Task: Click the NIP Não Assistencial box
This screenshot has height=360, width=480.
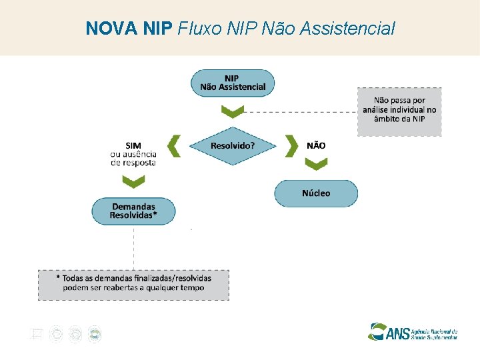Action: (233, 83)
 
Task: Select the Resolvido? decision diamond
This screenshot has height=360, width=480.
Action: (233, 145)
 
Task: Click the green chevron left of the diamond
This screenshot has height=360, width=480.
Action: (174, 145)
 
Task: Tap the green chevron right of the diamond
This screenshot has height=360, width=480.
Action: (291, 145)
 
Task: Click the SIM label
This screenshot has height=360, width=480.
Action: (133, 145)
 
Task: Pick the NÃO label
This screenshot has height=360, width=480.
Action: (316, 145)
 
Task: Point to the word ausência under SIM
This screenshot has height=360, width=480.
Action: (141, 153)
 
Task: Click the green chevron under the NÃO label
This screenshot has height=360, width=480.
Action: (316, 164)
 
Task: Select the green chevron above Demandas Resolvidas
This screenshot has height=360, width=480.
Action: (133, 181)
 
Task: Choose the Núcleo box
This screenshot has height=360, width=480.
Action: (316, 193)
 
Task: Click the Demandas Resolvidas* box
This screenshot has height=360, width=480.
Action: (133, 211)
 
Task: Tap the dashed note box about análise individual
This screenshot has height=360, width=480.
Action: (399, 111)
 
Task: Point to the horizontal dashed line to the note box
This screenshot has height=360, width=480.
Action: (313, 111)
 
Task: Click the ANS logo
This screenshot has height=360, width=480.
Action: (413, 331)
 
